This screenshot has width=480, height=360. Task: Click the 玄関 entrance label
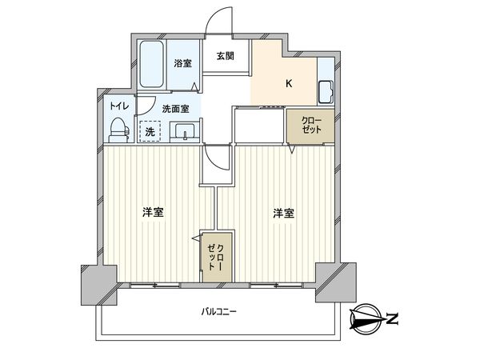pyautogui.click(x=225, y=56)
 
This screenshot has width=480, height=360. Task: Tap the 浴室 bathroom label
pyautogui.click(x=183, y=63)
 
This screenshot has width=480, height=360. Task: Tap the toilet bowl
pyautogui.click(x=118, y=129)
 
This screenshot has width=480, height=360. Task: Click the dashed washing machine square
pyautogui.click(x=150, y=130)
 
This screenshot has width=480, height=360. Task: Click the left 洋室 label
pyautogui.click(x=154, y=213)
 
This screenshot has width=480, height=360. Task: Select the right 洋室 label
pyautogui.click(x=283, y=213)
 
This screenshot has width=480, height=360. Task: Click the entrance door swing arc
pyautogui.click(x=218, y=22)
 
